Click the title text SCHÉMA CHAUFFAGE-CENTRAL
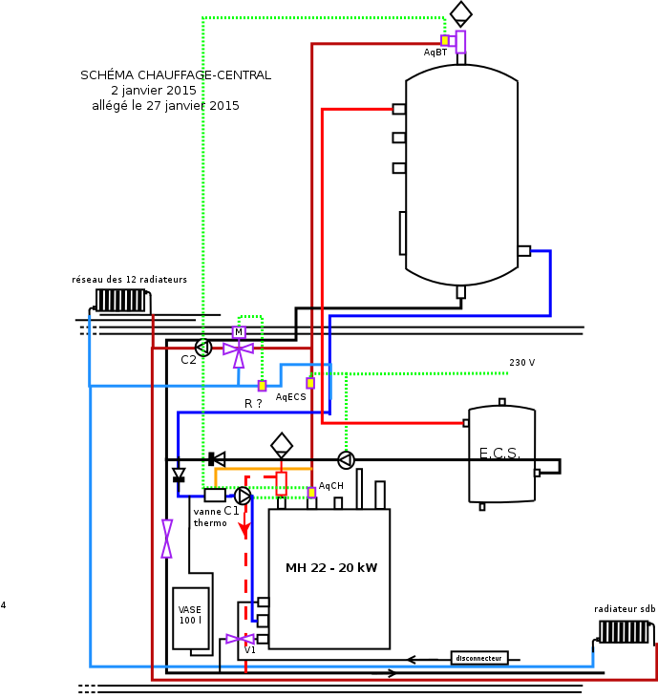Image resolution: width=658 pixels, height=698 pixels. (176, 74)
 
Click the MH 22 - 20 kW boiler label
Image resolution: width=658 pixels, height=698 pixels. (331, 568)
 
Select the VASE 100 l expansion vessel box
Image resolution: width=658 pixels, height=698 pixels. (191, 618)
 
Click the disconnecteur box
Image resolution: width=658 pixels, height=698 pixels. (478, 658)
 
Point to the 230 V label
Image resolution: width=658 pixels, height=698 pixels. (521, 363)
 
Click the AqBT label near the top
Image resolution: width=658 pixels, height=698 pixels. (435, 53)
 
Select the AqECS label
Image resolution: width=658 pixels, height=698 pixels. (290, 396)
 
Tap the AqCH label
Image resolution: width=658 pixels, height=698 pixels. (330, 486)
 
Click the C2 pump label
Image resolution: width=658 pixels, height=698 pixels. (188, 360)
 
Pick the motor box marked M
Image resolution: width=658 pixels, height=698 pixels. (239, 332)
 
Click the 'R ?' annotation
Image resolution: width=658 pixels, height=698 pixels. (253, 404)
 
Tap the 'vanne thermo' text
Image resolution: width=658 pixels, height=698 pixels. (210, 518)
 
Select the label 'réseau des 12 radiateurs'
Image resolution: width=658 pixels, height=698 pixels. (130, 280)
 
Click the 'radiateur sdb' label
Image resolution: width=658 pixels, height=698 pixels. (625, 608)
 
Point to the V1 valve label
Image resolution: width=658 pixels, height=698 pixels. (250, 650)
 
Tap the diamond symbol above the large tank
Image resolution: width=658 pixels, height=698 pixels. (461, 12)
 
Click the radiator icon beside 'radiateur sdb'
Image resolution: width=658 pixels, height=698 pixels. (625, 632)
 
